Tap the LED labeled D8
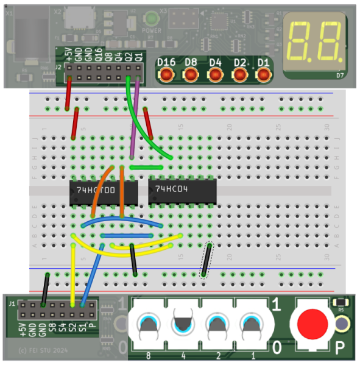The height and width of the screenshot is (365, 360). (191, 74)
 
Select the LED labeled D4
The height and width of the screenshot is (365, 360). (216, 74)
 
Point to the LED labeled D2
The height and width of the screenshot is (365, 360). (240, 74)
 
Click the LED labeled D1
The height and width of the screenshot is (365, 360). (264, 74)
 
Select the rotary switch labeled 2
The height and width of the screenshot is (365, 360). (217, 325)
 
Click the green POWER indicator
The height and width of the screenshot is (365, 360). (150, 19)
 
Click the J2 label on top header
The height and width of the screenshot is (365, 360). (58, 66)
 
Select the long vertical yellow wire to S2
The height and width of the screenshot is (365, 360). (73, 274)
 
